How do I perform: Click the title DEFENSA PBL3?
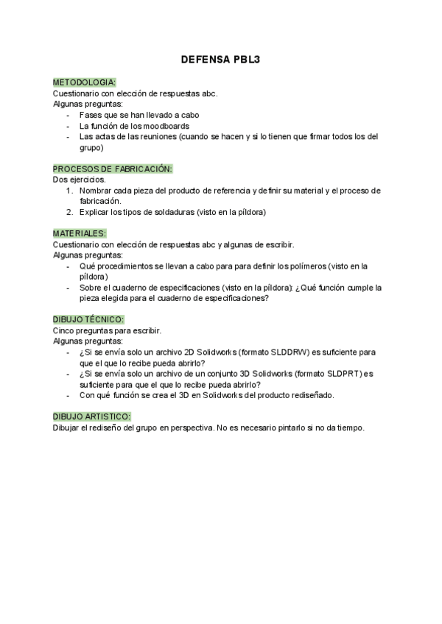click(220, 63)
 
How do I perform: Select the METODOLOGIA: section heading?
click(84, 82)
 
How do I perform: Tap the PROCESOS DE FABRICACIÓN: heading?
click(113, 169)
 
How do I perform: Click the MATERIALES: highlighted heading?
click(80, 233)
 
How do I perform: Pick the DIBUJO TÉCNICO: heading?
click(88, 320)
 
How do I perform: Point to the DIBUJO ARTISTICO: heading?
click(91, 417)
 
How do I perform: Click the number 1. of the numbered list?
click(69, 191)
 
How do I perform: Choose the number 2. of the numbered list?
click(69, 213)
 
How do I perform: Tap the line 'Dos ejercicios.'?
click(80, 180)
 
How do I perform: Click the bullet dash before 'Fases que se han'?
click(69, 115)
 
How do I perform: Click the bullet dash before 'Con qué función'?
click(69, 395)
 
